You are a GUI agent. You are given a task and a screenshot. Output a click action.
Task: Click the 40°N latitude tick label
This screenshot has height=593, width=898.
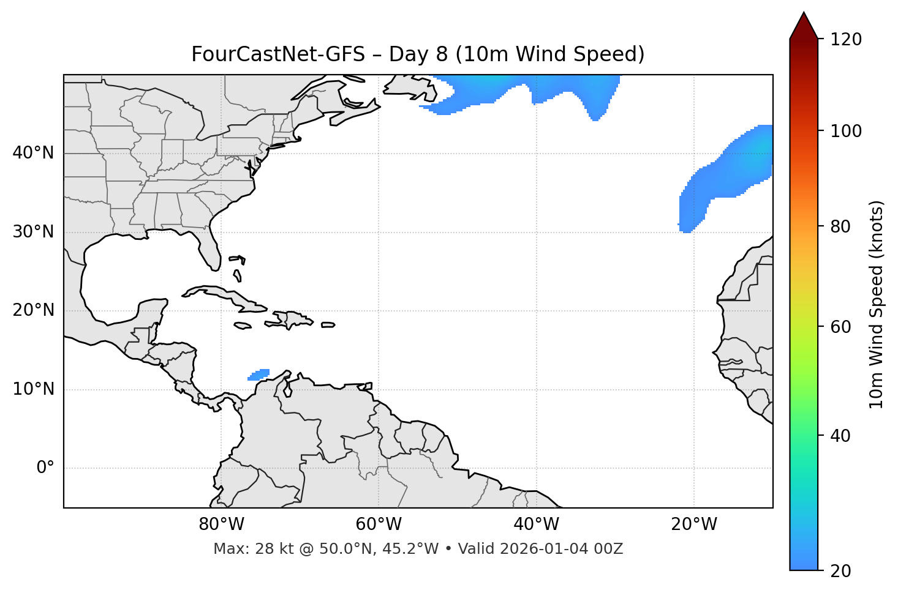click(x=33, y=153)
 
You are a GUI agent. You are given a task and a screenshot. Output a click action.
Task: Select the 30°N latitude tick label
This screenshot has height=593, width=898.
click(x=33, y=232)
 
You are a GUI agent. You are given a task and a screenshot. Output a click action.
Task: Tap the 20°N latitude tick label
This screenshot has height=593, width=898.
click(x=33, y=310)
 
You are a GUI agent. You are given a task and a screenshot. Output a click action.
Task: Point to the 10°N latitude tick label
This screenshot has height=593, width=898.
click(x=33, y=389)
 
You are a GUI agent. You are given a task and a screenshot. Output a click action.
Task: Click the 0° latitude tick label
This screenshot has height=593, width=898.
click(x=45, y=468)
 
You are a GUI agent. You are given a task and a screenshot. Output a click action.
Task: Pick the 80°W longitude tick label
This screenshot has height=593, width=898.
click(x=221, y=524)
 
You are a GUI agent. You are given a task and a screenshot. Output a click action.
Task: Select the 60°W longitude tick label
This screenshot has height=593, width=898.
click(x=379, y=524)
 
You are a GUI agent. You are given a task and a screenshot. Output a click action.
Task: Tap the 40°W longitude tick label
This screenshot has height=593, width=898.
click(x=536, y=524)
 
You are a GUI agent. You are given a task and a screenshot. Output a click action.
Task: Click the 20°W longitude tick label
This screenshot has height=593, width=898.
click(x=694, y=524)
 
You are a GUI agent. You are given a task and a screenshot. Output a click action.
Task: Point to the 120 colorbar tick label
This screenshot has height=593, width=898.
click(x=845, y=40)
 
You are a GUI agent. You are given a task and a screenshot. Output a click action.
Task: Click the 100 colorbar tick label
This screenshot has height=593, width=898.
click(x=845, y=131)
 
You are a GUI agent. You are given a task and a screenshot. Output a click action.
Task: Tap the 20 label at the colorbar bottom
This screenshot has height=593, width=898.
click(x=841, y=571)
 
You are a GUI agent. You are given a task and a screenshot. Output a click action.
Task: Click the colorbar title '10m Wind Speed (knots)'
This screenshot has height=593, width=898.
click(x=877, y=304)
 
